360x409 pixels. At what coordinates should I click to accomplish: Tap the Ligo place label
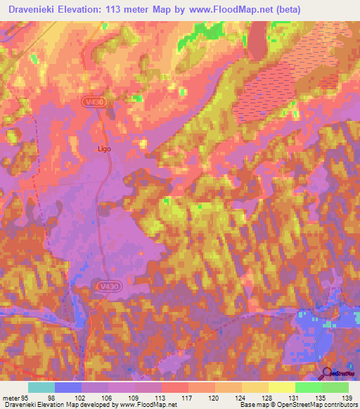[104, 149]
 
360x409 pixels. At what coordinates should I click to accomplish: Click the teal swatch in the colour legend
[41, 387]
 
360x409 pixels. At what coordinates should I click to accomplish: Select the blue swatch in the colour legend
[67, 387]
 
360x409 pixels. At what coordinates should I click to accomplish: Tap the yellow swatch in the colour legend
[281, 387]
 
